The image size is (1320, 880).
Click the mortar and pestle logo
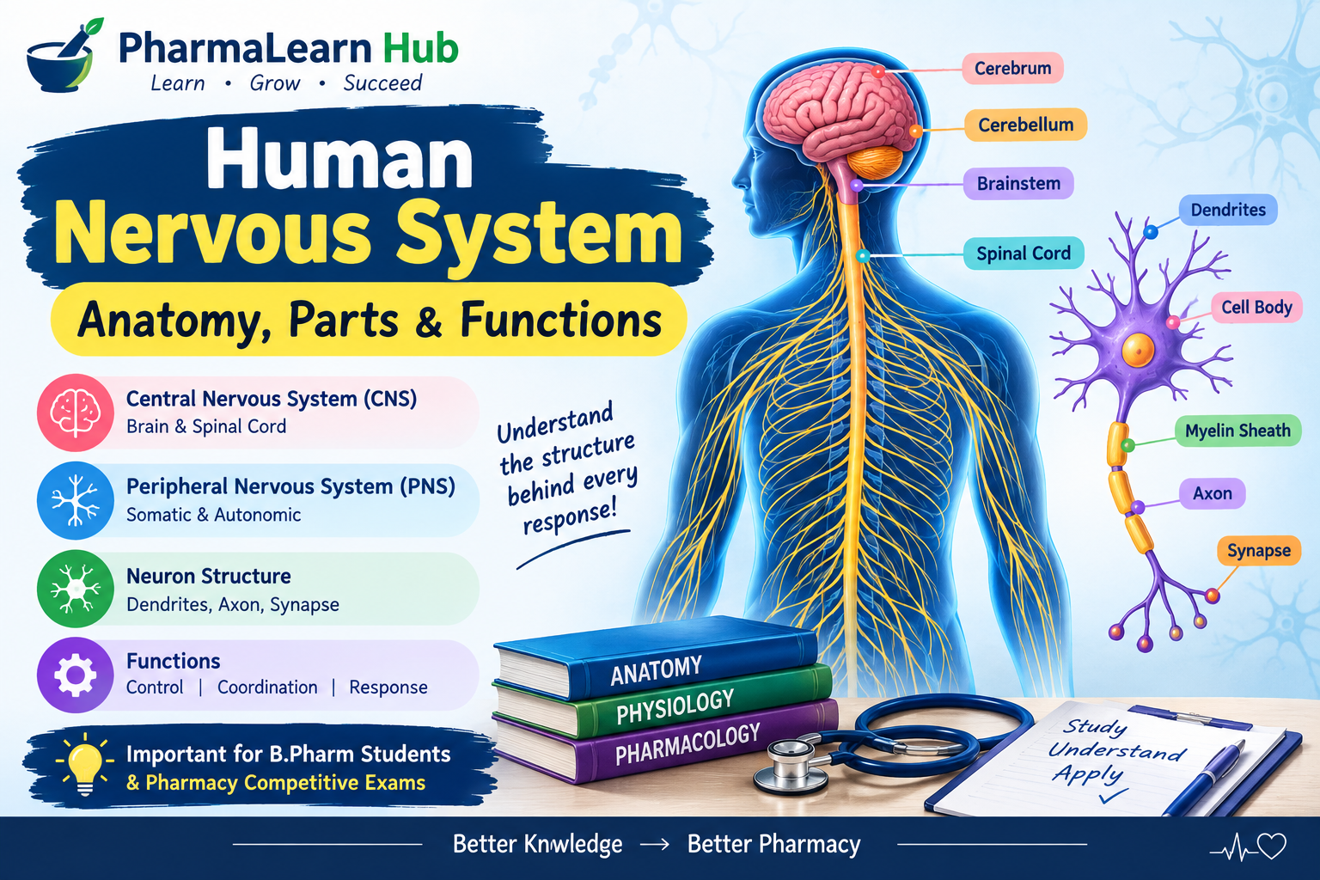pyautogui.click(x=64, y=57)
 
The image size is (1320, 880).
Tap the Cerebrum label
pyautogui.click(x=1012, y=69)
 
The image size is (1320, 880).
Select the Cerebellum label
pyautogui.click(x=1025, y=125)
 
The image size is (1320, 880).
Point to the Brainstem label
pyautogui.click(x=1018, y=183)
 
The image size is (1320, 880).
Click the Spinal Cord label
pyautogui.click(x=1024, y=254)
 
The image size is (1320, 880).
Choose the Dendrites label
pyautogui.click(x=1228, y=210)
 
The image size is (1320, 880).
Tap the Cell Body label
pyautogui.click(x=1256, y=307)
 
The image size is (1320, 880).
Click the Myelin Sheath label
pyautogui.click(x=1238, y=431)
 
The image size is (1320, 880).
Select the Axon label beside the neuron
pyautogui.click(x=1213, y=493)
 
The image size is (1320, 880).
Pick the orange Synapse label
pyautogui.click(x=1259, y=551)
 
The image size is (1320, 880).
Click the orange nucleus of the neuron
pyautogui.click(x=1138, y=350)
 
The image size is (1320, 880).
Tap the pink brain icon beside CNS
pyautogui.click(x=76, y=412)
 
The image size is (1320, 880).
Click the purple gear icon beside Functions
pyautogui.click(x=76, y=675)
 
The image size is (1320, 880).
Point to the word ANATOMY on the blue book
pyautogui.click(x=656, y=671)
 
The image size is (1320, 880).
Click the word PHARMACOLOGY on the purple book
pyautogui.click(x=687, y=744)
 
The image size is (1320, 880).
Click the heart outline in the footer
pyautogui.click(x=1272, y=846)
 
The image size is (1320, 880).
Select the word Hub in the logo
pyautogui.click(x=420, y=48)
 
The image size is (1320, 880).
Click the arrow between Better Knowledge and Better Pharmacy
pyautogui.click(x=655, y=845)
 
